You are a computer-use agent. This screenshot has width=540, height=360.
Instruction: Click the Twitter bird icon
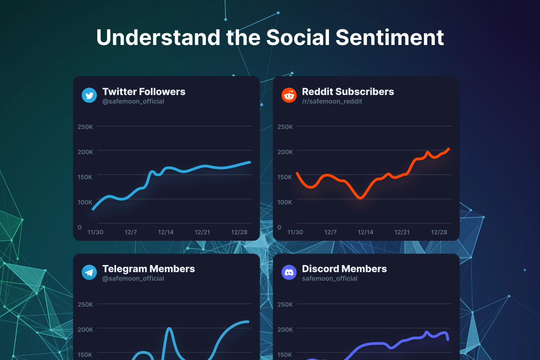[89, 96]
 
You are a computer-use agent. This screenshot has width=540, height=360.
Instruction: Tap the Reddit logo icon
[289, 96]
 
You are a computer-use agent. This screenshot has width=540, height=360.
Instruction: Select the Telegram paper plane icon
[89, 273]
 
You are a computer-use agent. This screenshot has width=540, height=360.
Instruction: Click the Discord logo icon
[289, 273]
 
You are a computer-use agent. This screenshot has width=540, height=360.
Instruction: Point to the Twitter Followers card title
[144, 91]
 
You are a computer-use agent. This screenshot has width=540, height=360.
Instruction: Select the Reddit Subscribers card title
[348, 91]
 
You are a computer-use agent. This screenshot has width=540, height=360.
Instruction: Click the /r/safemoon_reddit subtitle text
[332, 102]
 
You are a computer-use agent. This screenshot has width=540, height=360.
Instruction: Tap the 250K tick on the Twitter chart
[85, 127]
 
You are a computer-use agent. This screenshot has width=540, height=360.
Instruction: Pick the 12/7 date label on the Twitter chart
[130, 232]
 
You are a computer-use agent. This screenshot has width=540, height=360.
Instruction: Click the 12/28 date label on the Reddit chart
[439, 232]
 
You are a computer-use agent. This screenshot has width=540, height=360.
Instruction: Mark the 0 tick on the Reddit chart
[279, 228]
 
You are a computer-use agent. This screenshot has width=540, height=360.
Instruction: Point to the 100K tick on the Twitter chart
[85, 202]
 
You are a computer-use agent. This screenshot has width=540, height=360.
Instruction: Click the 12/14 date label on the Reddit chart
[365, 232]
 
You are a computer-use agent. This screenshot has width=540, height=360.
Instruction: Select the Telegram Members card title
[148, 269]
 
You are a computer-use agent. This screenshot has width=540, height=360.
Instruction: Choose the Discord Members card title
[344, 269]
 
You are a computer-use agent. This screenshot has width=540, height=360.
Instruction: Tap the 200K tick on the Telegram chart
[85, 329]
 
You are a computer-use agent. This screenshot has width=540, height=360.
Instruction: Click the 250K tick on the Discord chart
[285, 304]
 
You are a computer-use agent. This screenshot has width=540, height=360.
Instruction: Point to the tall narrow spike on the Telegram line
[169, 329]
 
